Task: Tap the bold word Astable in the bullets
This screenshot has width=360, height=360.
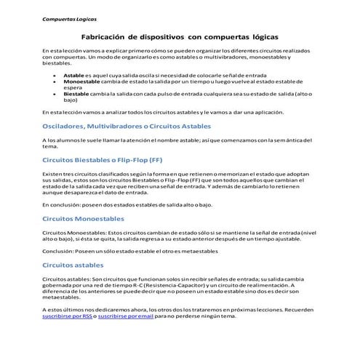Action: (x=74, y=75)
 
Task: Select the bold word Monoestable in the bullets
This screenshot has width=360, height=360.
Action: (x=80, y=83)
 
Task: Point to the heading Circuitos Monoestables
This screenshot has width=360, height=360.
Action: (x=84, y=218)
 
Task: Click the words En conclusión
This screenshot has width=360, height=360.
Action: (x=61, y=205)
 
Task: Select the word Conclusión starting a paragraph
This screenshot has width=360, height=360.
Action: (x=59, y=252)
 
